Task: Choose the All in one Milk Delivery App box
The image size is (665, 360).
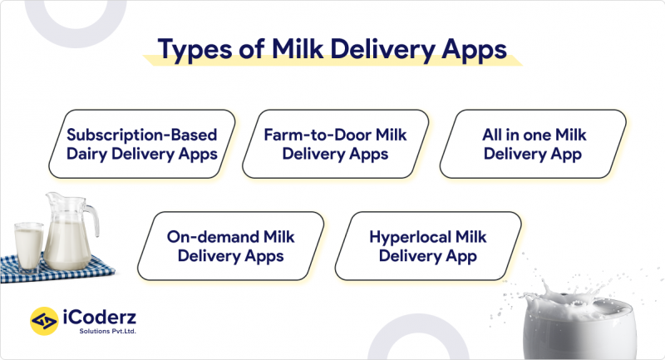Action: [x=529, y=144]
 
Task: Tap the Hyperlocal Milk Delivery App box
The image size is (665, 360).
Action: [x=427, y=246]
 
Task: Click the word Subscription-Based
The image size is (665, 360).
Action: [x=142, y=133]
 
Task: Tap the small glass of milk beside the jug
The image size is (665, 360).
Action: [x=27, y=245]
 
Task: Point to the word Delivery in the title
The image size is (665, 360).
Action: [x=382, y=48]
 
